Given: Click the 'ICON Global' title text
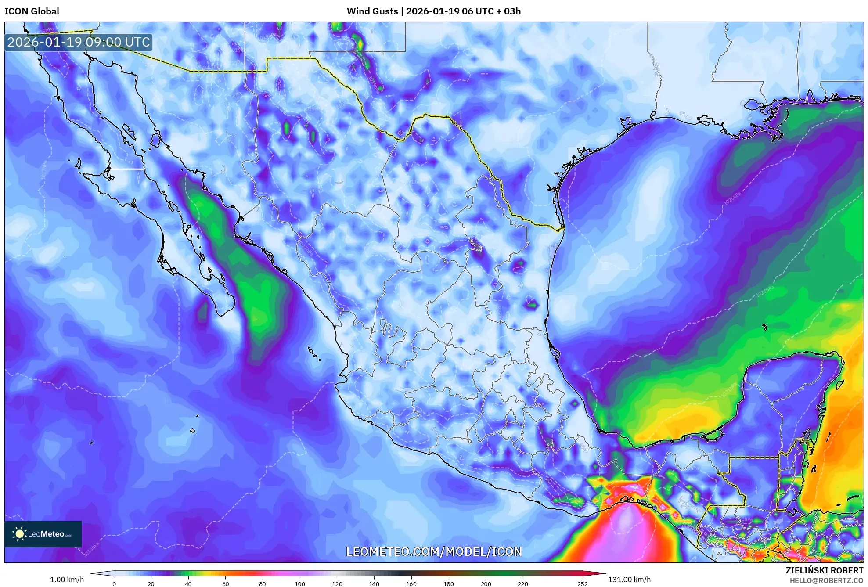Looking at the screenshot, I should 32,11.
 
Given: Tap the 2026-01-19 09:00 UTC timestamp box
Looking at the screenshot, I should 79,42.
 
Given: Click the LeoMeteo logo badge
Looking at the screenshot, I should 43,534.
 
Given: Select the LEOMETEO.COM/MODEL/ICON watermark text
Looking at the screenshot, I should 434,551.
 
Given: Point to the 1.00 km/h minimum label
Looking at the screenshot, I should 67,580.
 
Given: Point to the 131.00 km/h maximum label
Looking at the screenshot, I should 629,580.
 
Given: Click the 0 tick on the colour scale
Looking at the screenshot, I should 114,584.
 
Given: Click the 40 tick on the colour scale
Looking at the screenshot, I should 188,584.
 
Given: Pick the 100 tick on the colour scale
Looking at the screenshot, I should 300,584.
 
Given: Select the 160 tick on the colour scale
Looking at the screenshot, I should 411,584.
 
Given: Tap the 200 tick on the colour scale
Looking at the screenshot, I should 486,584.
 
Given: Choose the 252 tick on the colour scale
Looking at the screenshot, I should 582,584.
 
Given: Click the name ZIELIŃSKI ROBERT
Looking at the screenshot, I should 824,570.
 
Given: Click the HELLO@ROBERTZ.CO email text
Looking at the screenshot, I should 826,580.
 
